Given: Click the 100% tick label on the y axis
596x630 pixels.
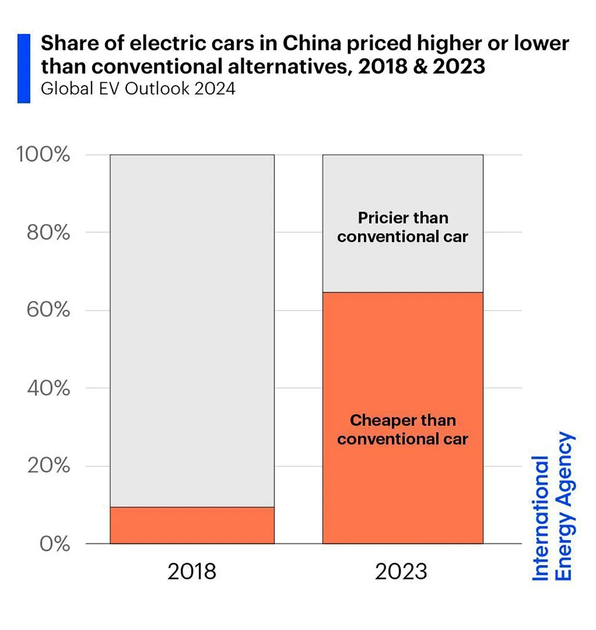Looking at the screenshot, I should [x=43, y=155].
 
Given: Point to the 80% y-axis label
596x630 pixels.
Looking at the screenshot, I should [x=48, y=232].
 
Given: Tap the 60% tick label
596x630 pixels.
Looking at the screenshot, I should [x=48, y=310].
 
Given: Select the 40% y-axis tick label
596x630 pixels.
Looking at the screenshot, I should [x=48, y=388].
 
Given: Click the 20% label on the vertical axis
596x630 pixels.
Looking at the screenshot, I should [x=48, y=466].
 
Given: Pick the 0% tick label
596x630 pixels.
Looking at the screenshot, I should [x=54, y=544].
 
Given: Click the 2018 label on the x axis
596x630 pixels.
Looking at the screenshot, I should [x=192, y=571].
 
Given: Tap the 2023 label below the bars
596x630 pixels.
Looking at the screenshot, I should [x=401, y=571].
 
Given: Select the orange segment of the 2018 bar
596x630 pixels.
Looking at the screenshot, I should [x=192, y=525].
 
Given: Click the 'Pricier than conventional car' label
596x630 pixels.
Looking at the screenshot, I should [x=402, y=227].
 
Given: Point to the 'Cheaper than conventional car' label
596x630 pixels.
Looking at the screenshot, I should [x=402, y=430].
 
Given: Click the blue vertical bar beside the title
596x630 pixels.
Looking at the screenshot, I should [x=24, y=69].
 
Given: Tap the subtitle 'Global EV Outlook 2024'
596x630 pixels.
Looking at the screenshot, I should [x=138, y=88].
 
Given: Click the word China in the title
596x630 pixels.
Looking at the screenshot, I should [x=312, y=44].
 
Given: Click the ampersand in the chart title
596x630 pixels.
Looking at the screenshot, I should [x=420, y=67].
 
